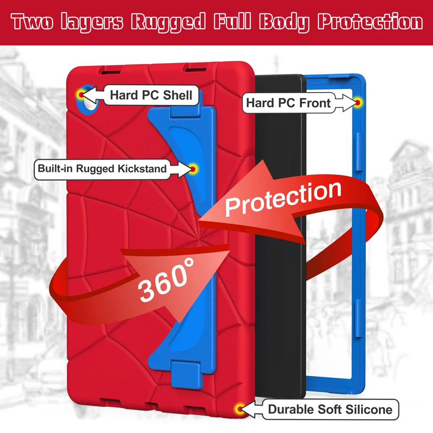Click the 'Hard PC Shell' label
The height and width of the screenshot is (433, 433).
[x=151, y=95]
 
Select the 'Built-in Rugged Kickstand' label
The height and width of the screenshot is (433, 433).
[x=102, y=168]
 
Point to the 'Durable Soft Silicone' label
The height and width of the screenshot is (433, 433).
[x=330, y=409]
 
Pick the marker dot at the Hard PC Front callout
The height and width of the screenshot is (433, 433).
[x=359, y=102]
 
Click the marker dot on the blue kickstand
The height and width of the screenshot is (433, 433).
[x=193, y=168]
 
